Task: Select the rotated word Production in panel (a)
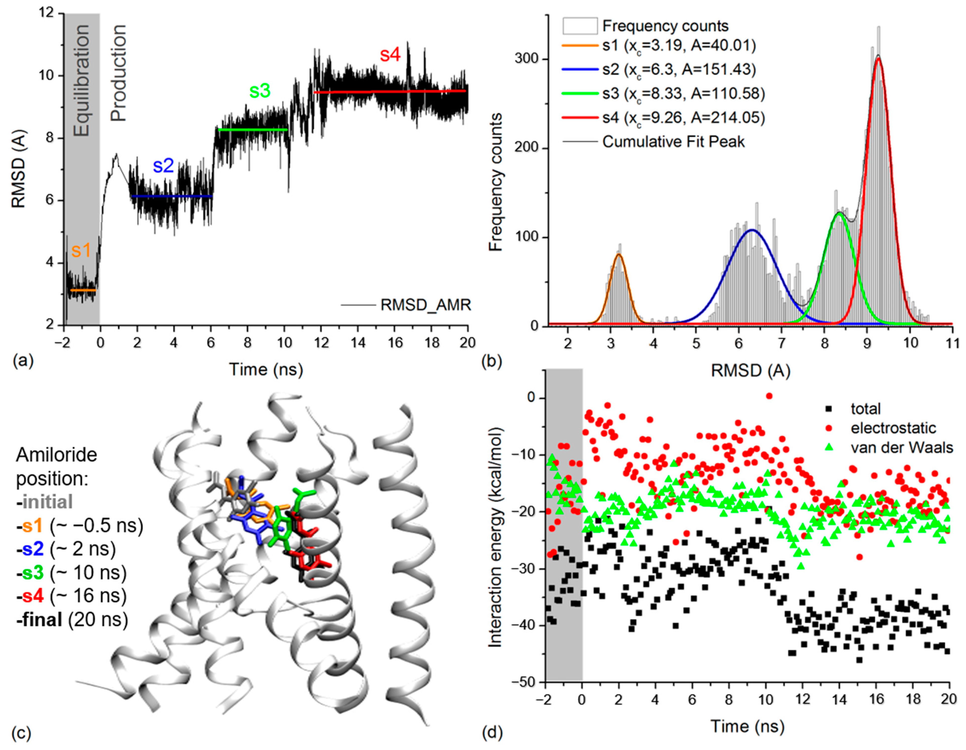118,73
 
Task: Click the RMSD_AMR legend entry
425,305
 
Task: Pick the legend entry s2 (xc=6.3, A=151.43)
678,69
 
